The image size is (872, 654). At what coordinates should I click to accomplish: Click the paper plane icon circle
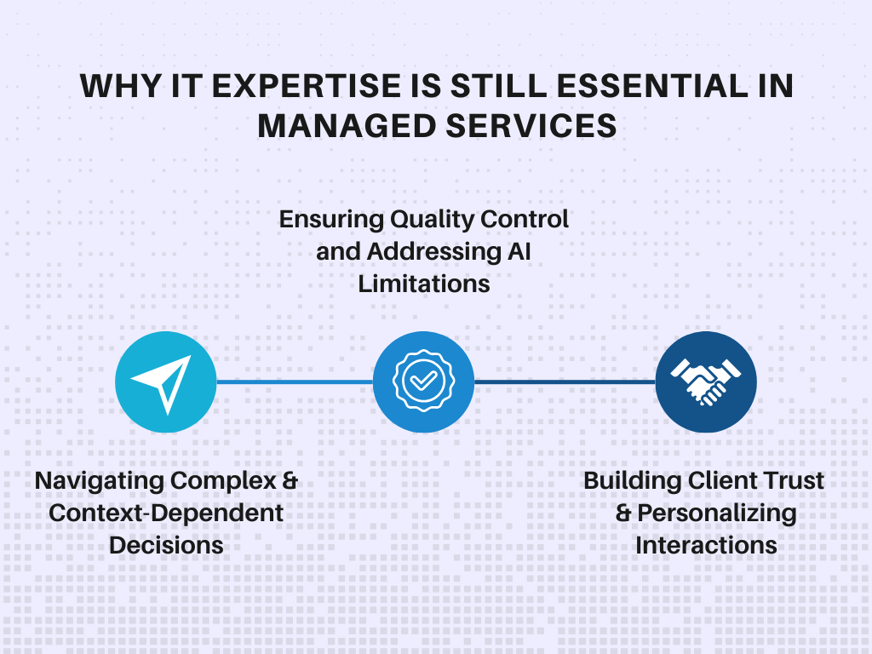[x=165, y=381]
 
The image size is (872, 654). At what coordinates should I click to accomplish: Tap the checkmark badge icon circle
[x=423, y=381]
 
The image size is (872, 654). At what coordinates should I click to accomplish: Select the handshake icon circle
[x=706, y=381]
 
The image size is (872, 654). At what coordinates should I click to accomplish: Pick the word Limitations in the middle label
[x=424, y=284]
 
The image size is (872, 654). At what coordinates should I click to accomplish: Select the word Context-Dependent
[x=166, y=513]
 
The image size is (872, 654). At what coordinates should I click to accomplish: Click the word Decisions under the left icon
[x=166, y=545]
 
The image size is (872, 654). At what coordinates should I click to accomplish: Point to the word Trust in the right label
[x=792, y=480]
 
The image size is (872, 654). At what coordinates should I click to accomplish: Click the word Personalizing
[x=717, y=513]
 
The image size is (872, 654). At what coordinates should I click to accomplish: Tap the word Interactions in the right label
[x=706, y=545]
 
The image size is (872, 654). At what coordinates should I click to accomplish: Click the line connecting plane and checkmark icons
[x=294, y=381]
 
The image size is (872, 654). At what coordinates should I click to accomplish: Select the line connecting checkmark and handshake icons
[x=564, y=381]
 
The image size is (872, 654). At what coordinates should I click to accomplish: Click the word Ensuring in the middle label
[x=330, y=219]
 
